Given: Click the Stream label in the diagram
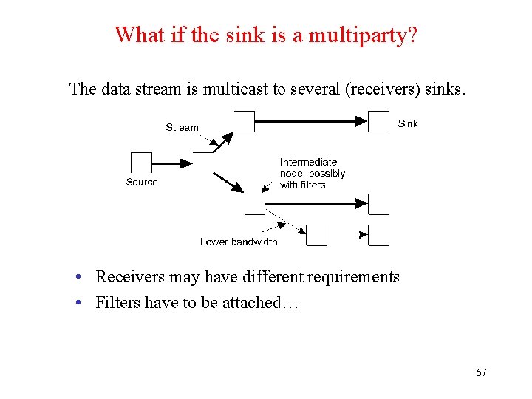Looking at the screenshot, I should [x=182, y=127].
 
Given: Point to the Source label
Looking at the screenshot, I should [x=142, y=182].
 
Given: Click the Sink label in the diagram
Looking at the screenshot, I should [x=408, y=123].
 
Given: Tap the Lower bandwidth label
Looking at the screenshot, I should [x=239, y=242].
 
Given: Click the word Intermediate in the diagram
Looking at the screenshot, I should [x=308, y=162].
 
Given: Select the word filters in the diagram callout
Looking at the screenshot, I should [x=313, y=185].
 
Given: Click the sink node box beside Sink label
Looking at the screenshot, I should [x=378, y=121].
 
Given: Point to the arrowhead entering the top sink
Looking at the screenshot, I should [x=361, y=121].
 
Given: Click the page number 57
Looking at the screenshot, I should [x=481, y=372].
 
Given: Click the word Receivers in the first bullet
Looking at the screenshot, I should [x=130, y=277].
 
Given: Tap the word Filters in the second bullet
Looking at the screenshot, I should [x=117, y=302].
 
